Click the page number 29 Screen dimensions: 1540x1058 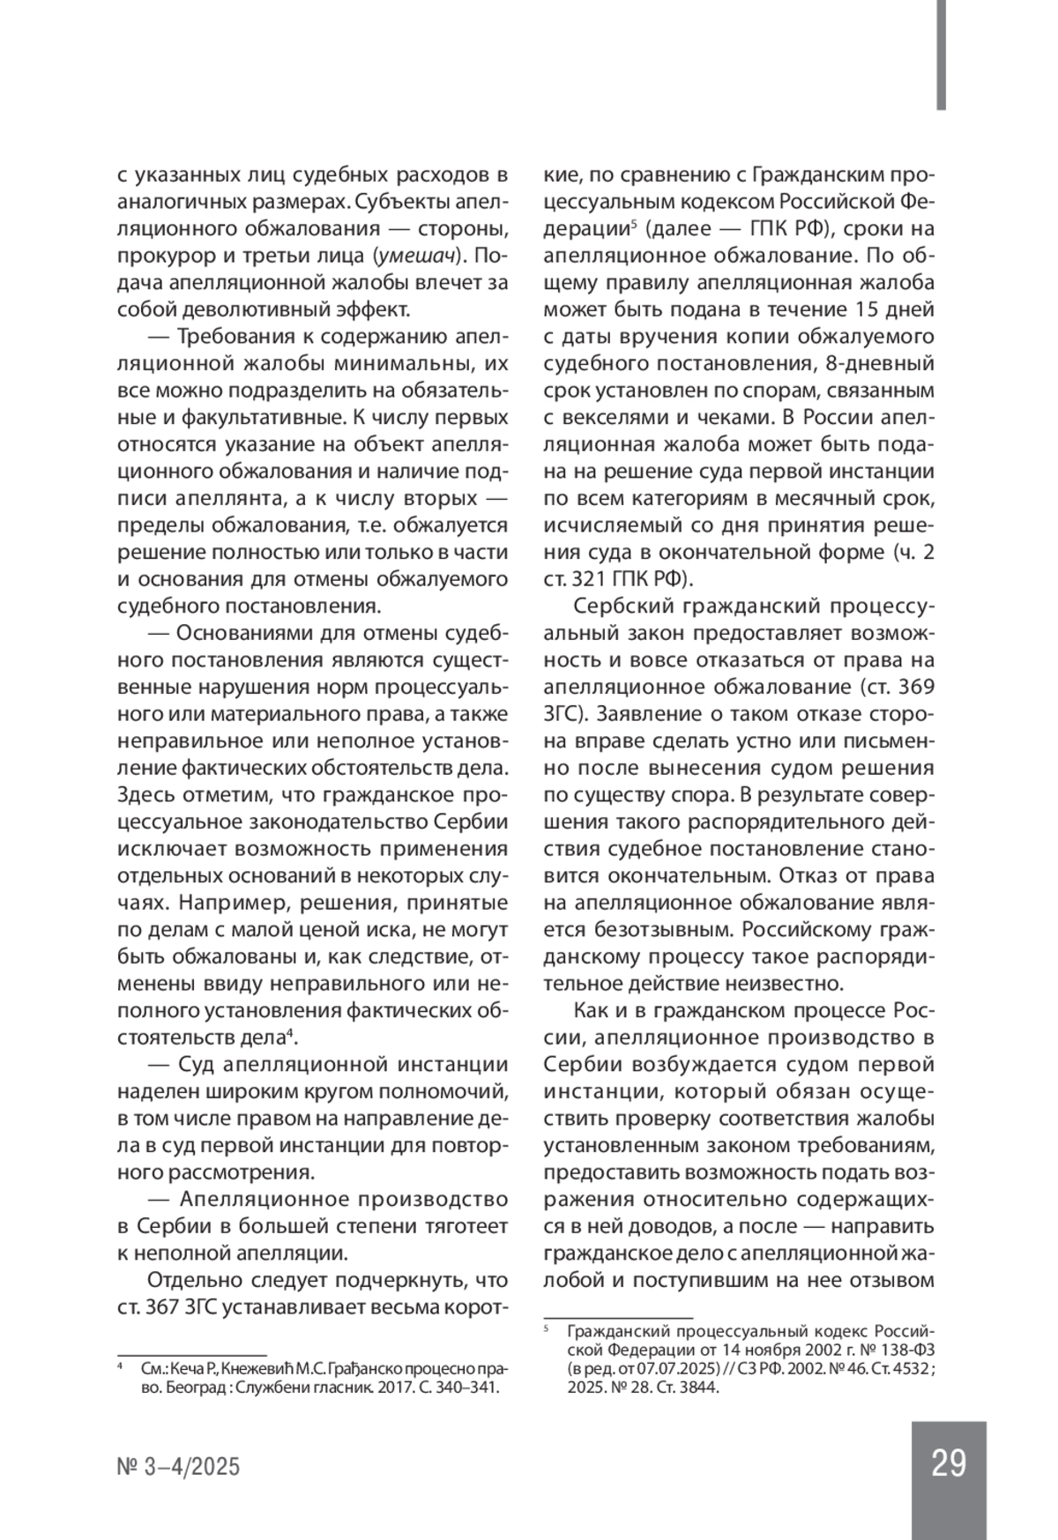coord(948,1463)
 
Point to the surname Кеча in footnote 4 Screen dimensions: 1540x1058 coord(190,1369)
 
